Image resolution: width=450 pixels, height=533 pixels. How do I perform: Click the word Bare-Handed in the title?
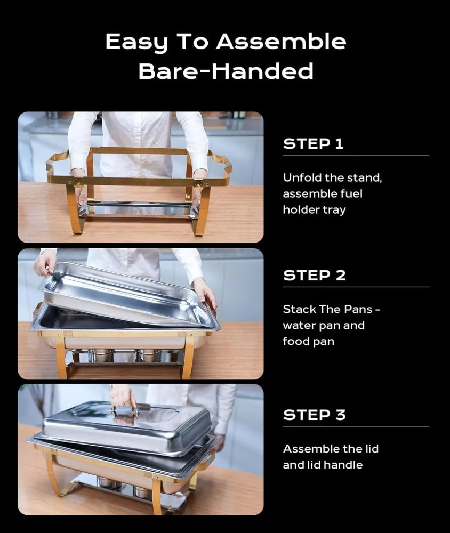(x=226, y=71)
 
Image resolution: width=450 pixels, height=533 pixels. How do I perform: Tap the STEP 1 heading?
(x=313, y=143)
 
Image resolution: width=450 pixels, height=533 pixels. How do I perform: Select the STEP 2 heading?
(x=314, y=276)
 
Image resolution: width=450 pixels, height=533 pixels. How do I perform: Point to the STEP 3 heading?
(x=314, y=415)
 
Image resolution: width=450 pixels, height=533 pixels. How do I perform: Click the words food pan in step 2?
(x=308, y=341)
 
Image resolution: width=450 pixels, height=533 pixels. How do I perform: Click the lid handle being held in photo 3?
(x=124, y=410)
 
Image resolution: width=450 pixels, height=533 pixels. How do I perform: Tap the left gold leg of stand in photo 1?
(x=74, y=211)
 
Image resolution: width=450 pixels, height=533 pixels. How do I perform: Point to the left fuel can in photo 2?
(x=102, y=355)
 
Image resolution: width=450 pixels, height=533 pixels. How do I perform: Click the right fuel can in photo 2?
(x=147, y=355)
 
